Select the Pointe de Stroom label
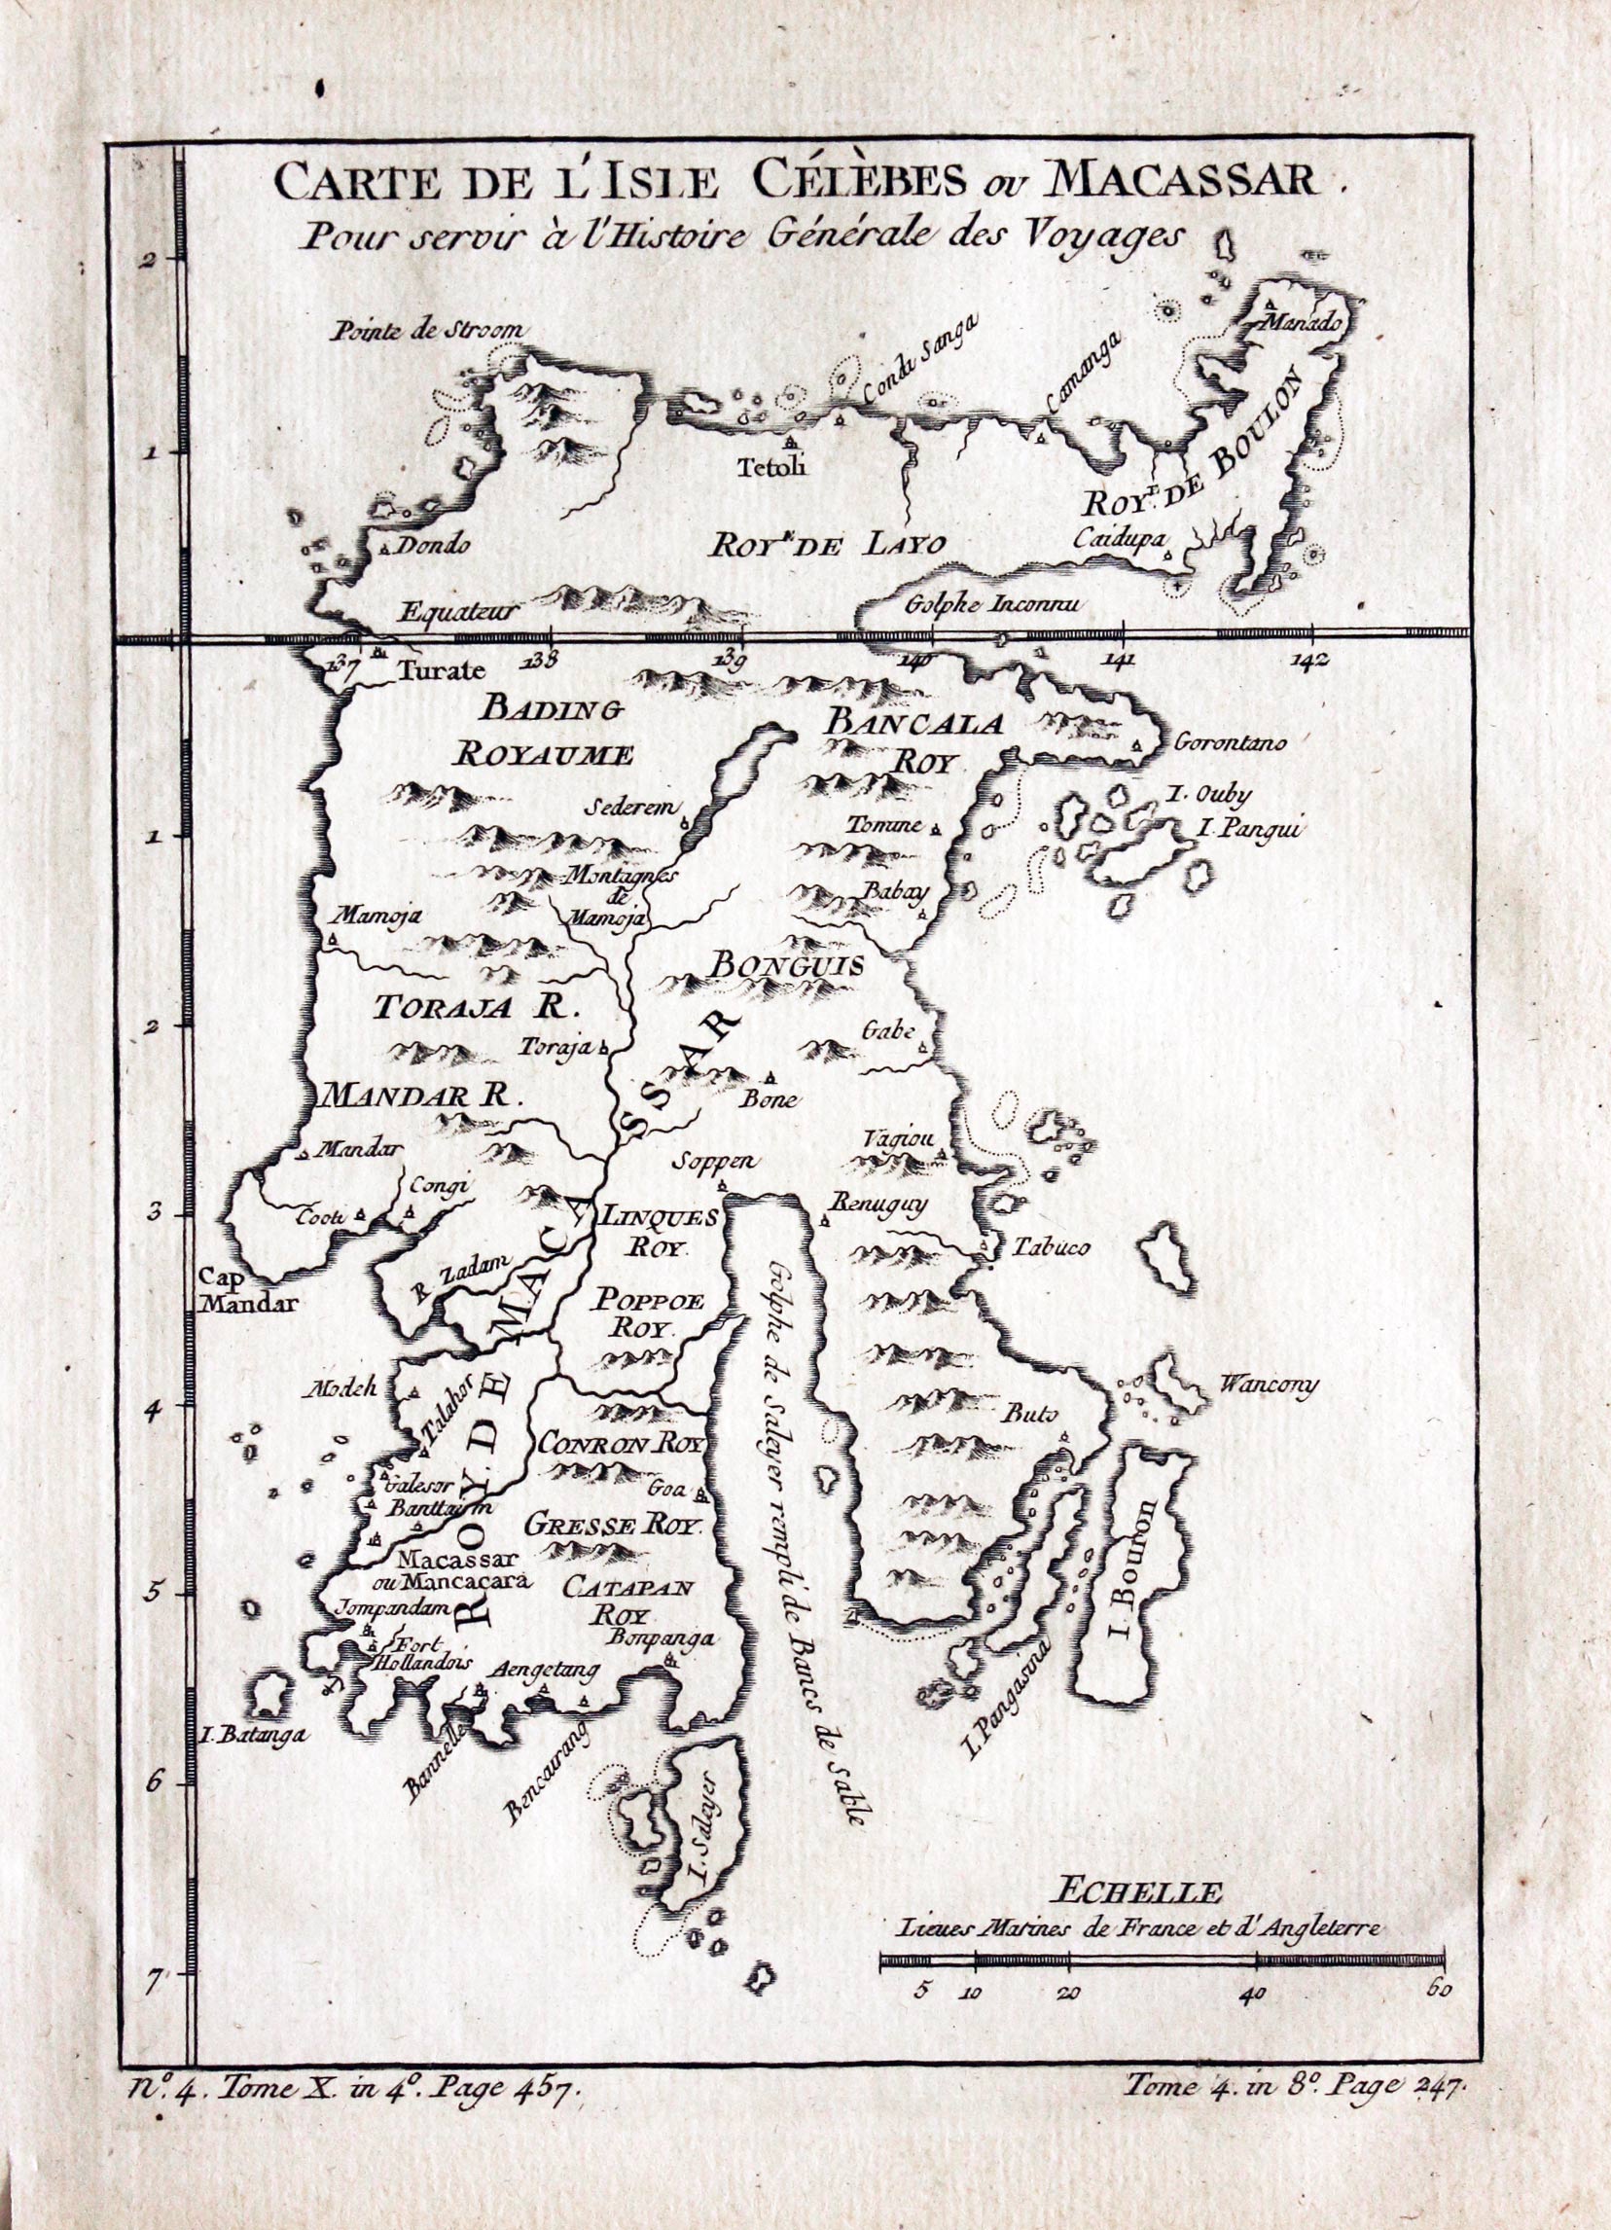click(431, 333)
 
